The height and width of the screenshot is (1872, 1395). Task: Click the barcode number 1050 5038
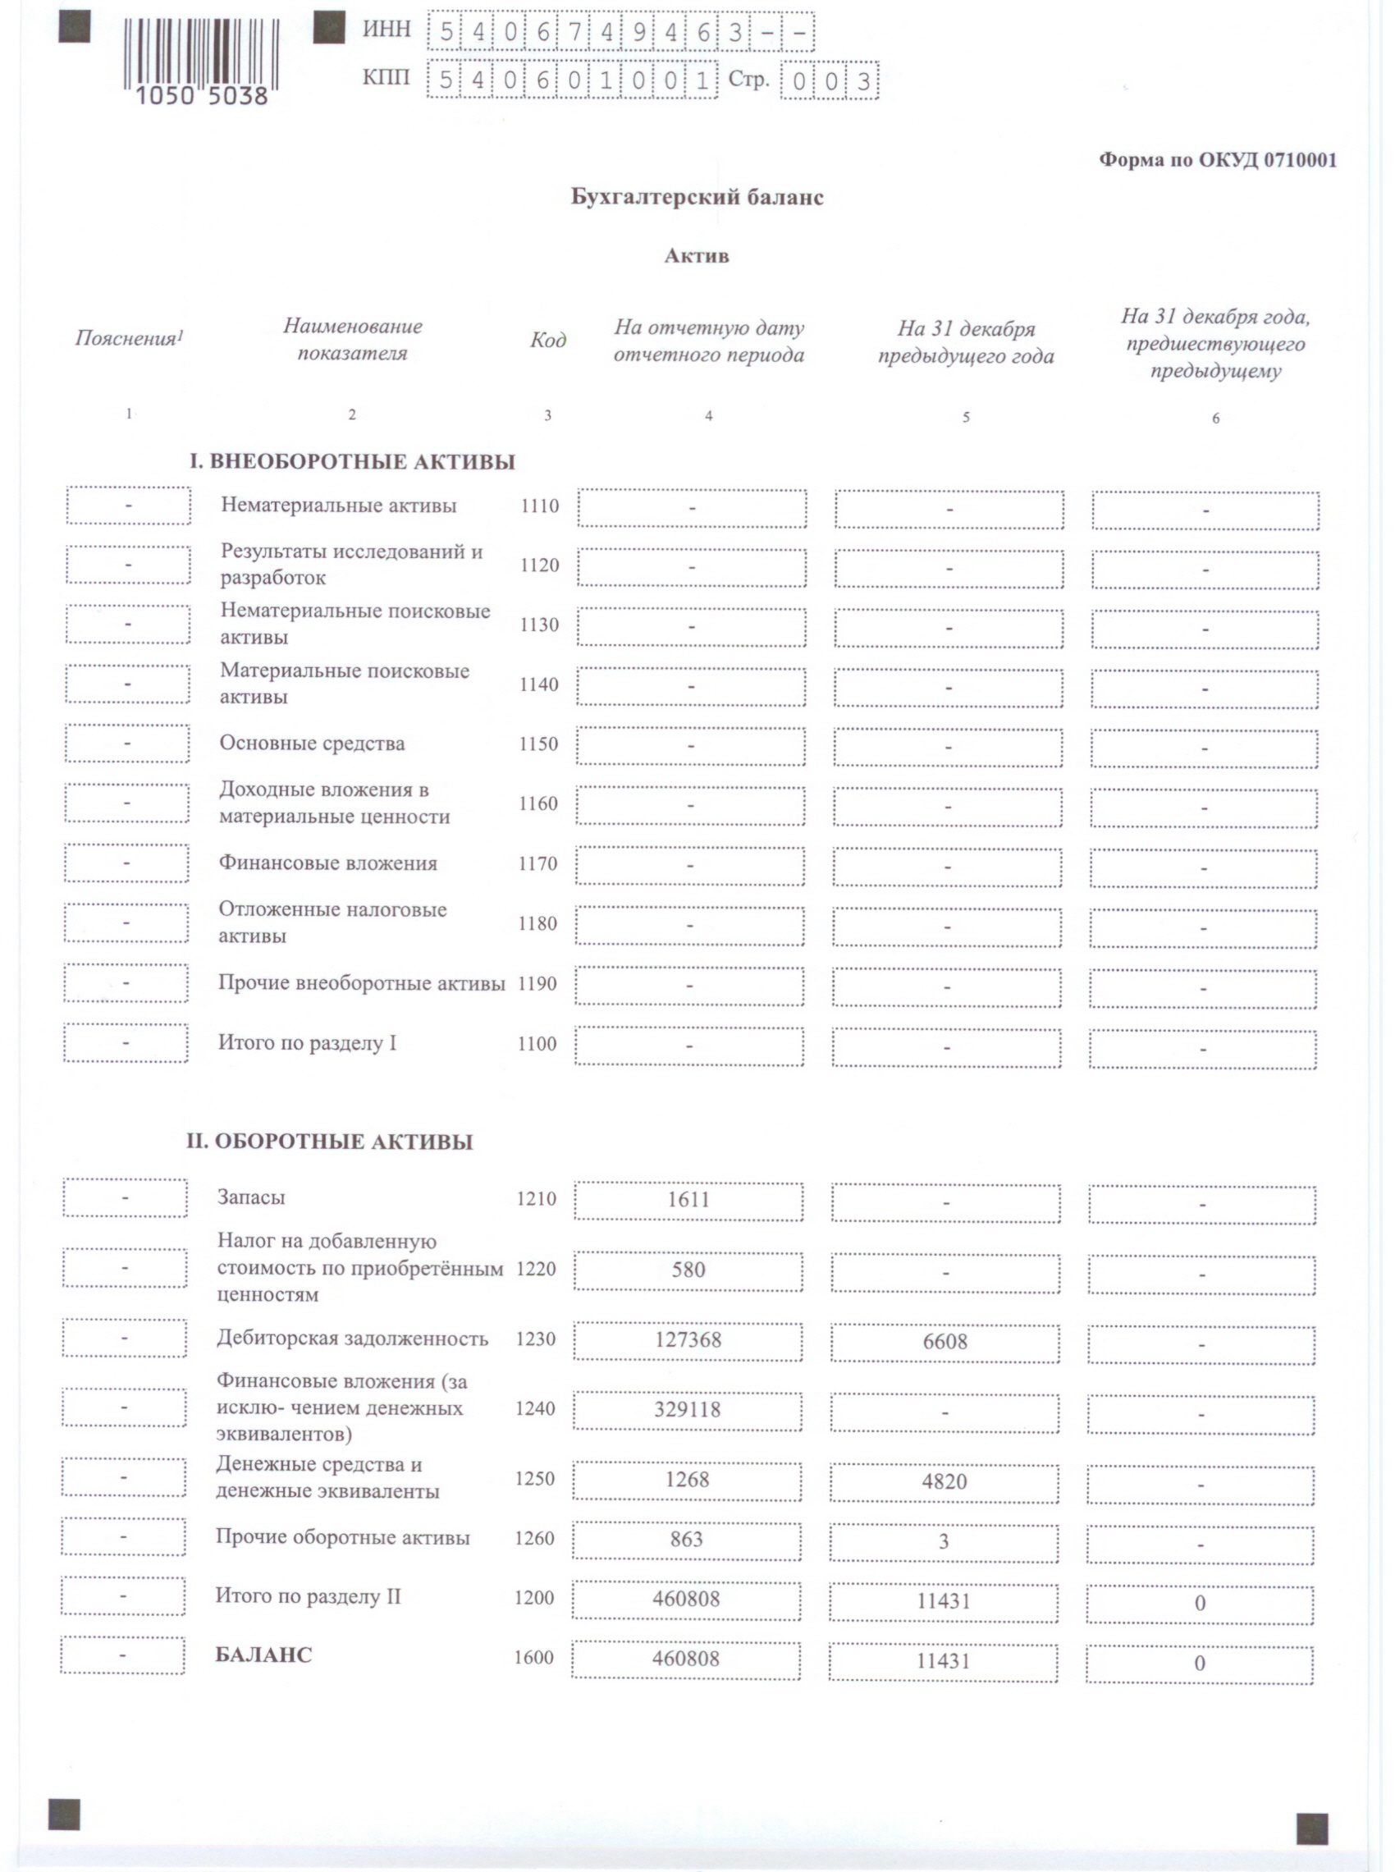pyautogui.click(x=201, y=95)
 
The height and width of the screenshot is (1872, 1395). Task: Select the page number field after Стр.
pyautogui.click(x=830, y=82)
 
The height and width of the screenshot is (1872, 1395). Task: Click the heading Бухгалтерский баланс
pyautogui.click(x=697, y=198)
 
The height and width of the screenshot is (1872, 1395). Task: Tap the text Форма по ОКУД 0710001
pyautogui.click(x=1217, y=160)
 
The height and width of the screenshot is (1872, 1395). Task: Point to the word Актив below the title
pyautogui.click(x=696, y=256)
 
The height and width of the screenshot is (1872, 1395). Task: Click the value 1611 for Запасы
pyautogui.click(x=688, y=1200)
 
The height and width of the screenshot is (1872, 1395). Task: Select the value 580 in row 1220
pyautogui.click(x=688, y=1270)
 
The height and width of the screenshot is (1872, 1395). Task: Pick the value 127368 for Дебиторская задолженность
pyautogui.click(x=688, y=1340)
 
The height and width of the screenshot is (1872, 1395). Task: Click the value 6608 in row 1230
pyautogui.click(x=945, y=1342)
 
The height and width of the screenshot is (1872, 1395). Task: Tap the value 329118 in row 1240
pyautogui.click(x=688, y=1409)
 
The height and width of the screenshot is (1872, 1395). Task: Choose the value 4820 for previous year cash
pyautogui.click(x=944, y=1481)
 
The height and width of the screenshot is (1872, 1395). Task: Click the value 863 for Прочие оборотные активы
pyautogui.click(x=687, y=1540)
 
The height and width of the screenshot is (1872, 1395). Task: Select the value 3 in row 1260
pyautogui.click(x=944, y=1542)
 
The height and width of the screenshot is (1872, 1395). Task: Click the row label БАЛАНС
pyautogui.click(x=263, y=1655)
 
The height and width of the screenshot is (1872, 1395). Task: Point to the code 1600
pyautogui.click(x=533, y=1658)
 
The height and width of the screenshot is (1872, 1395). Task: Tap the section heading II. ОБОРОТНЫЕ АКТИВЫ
pyautogui.click(x=329, y=1142)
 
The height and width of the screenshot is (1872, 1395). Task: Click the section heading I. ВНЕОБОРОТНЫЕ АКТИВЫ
pyautogui.click(x=351, y=462)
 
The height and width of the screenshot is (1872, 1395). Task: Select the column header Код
pyautogui.click(x=548, y=341)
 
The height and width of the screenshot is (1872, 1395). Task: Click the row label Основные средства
pyautogui.click(x=312, y=743)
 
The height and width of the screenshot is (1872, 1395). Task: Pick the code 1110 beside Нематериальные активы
pyautogui.click(x=540, y=506)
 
